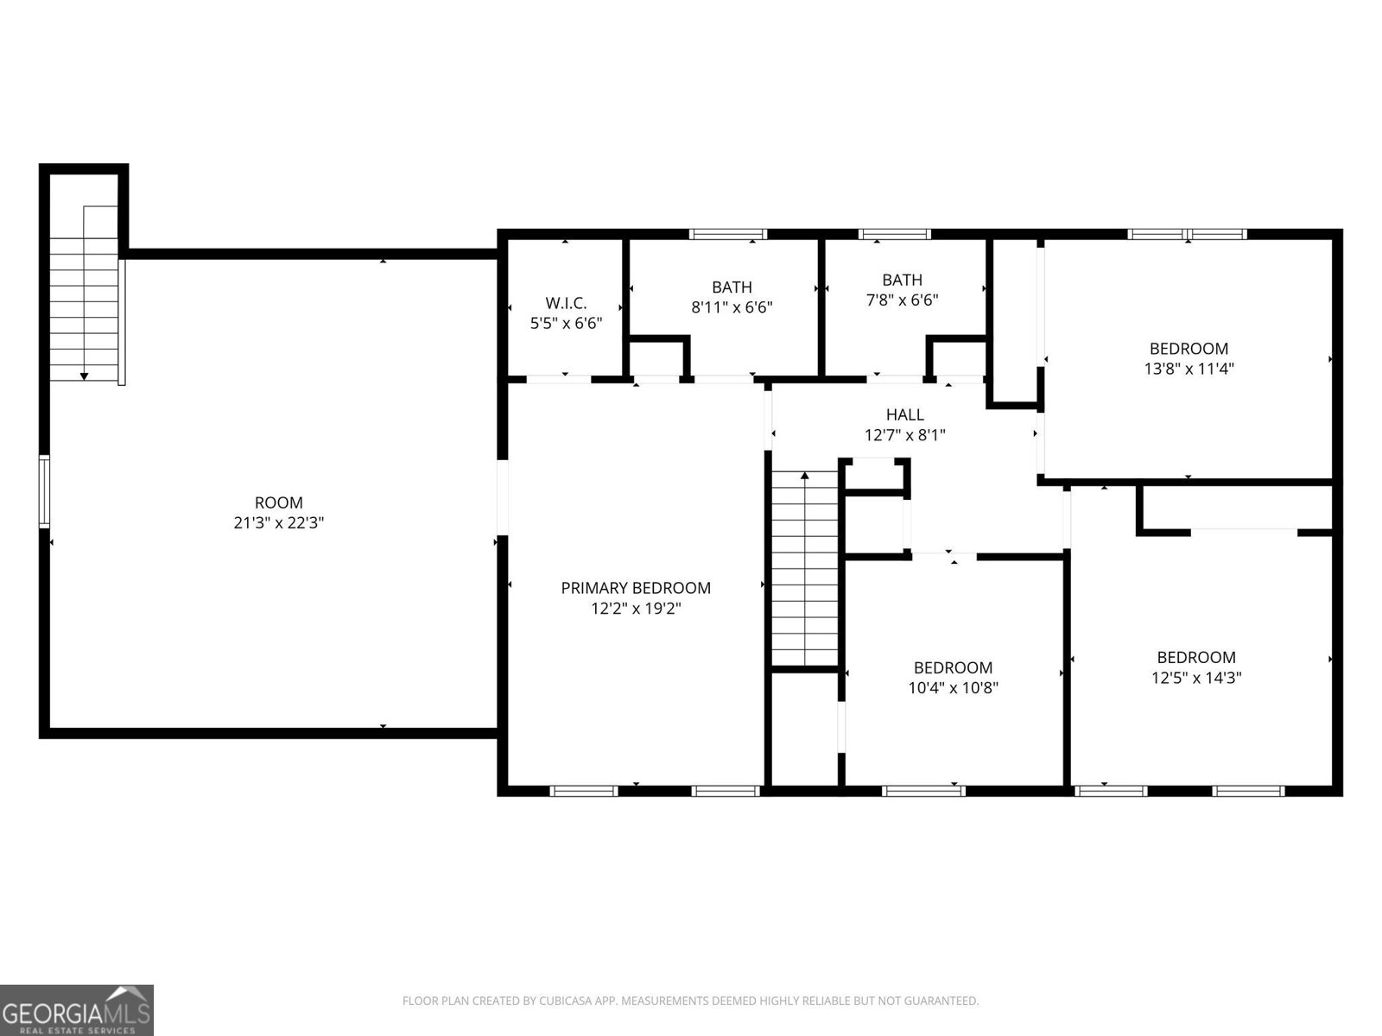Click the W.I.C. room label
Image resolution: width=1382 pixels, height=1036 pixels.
click(566, 303)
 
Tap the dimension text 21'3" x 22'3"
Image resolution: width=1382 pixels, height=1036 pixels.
click(279, 523)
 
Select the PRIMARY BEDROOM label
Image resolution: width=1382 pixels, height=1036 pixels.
click(636, 588)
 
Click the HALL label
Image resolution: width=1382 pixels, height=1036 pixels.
click(904, 415)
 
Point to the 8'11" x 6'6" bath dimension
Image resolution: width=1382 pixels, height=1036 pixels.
click(732, 307)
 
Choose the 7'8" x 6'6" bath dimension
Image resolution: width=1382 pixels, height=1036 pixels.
click(902, 300)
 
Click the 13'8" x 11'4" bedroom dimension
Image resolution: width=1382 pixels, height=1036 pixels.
click(1189, 370)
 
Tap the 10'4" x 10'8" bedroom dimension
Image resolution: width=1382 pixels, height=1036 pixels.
click(953, 688)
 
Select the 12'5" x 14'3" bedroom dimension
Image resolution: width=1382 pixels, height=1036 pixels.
click(1196, 678)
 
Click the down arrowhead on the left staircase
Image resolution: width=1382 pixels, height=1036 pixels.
click(85, 376)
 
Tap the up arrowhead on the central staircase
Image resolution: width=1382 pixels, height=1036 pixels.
click(805, 475)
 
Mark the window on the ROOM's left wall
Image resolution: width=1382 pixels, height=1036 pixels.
click(44, 492)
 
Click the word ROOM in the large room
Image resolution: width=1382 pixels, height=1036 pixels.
click(279, 502)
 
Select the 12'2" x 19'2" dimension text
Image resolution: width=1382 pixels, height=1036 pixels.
click(636, 609)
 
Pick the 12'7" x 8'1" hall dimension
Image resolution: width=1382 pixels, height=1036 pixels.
click(904, 436)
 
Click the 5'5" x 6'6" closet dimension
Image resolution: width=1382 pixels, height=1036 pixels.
click(566, 323)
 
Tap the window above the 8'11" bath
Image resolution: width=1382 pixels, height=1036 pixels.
click(727, 233)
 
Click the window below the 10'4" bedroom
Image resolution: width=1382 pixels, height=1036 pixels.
click(923, 790)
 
